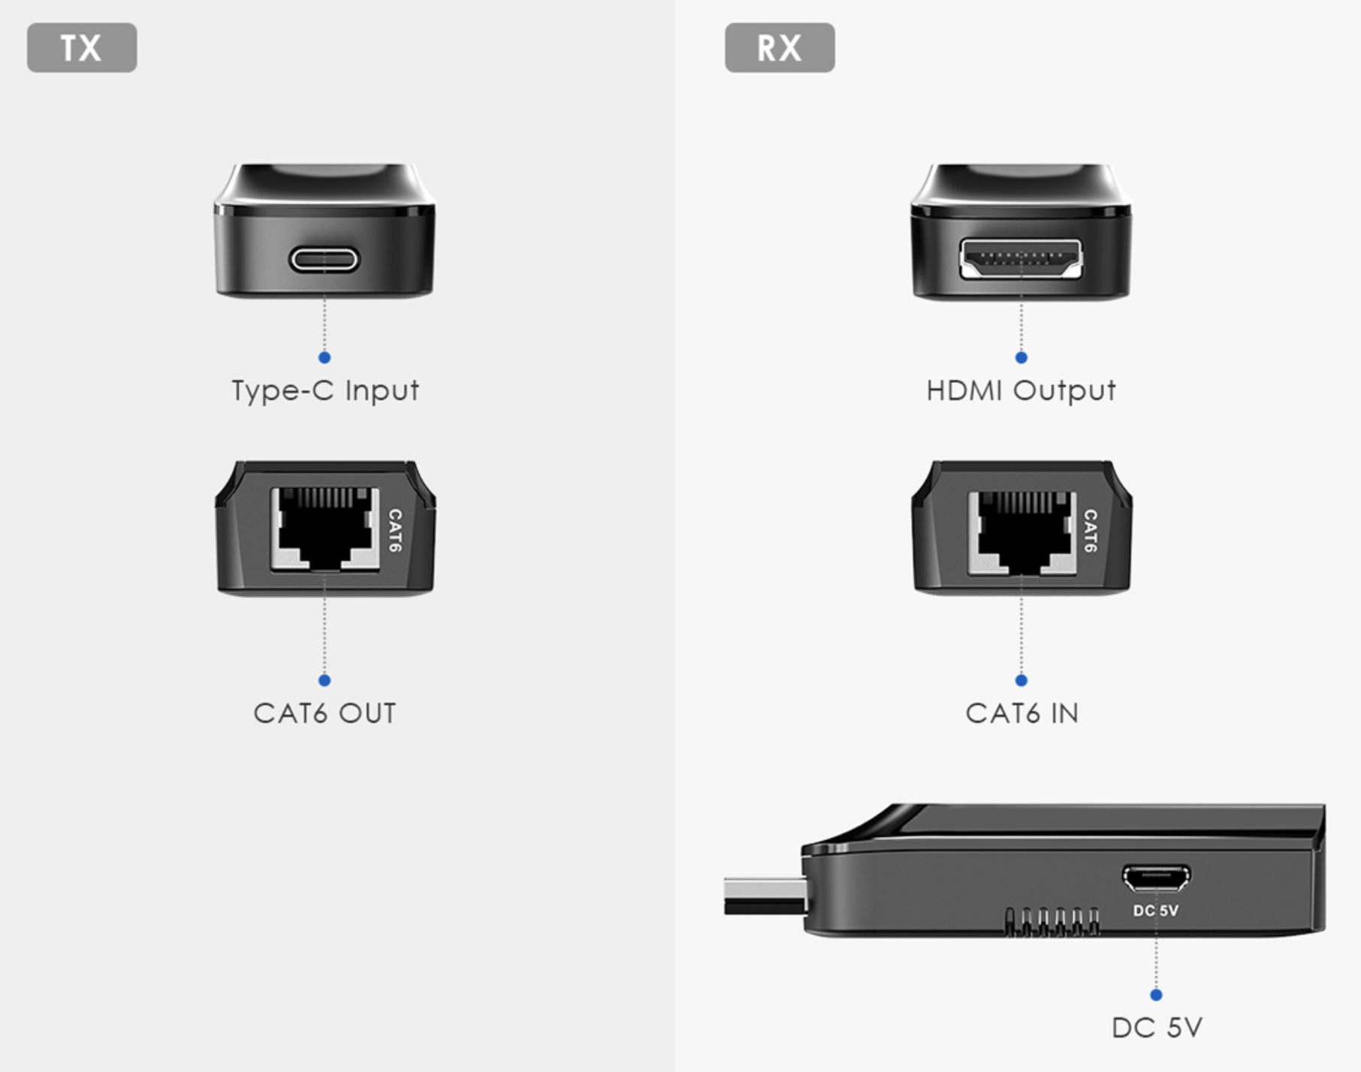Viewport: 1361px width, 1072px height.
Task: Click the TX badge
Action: click(x=82, y=47)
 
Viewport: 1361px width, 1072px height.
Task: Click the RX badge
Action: click(x=780, y=47)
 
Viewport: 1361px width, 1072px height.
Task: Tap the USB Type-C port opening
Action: click(x=324, y=260)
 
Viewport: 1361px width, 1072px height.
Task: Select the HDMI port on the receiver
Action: click(x=1021, y=259)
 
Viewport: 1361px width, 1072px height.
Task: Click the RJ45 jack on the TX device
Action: click(x=325, y=528)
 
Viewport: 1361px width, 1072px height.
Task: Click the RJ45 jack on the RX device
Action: click(x=1022, y=533)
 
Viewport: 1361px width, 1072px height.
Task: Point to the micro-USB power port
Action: click(x=1156, y=877)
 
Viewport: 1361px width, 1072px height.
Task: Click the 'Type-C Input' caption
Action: click(x=324, y=390)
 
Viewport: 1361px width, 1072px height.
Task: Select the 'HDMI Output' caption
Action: click(x=1021, y=390)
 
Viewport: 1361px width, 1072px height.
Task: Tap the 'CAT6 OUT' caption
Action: click(x=324, y=713)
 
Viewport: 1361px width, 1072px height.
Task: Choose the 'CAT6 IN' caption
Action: click(x=1022, y=713)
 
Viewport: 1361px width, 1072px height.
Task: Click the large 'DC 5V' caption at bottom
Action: click(x=1157, y=1028)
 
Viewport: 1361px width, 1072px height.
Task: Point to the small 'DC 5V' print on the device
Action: click(x=1156, y=911)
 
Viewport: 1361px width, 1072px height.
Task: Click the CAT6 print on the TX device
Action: click(x=395, y=530)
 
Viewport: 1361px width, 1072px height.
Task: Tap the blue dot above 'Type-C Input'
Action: click(x=324, y=357)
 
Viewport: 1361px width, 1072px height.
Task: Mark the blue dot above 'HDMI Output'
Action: click(x=1021, y=357)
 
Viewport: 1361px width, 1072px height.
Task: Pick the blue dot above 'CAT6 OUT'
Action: click(x=324, y=680)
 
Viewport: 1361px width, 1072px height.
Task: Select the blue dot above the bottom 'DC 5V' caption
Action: click(x=1156, y=995)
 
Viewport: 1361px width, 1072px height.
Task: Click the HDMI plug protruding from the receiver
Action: click(x=765, y=896)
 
